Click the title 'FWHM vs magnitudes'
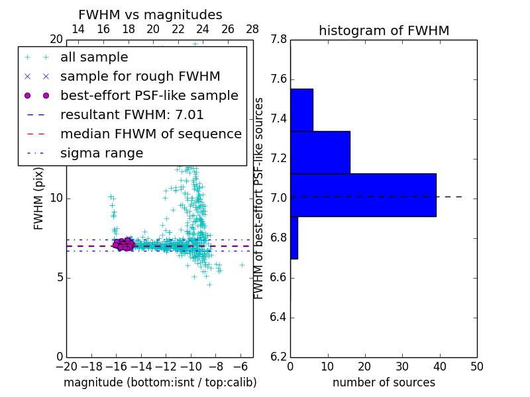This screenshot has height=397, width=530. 150,15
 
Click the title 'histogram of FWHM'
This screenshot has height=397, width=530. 384,31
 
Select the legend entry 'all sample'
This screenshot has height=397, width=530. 94,58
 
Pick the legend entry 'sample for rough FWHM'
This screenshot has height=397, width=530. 140,77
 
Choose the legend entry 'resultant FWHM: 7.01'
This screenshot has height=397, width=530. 132,115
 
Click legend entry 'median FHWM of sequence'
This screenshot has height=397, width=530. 150,134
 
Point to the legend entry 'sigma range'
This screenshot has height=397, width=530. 101,154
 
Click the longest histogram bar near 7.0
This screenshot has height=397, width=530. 363,195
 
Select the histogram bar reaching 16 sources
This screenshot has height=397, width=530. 320,152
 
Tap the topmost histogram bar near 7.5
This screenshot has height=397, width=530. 301,110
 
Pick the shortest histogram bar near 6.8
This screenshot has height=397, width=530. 294,238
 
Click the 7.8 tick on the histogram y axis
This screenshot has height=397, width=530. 278,40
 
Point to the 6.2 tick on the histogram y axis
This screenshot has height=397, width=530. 278,357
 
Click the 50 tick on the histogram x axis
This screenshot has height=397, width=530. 476,367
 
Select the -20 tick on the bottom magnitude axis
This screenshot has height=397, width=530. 66,367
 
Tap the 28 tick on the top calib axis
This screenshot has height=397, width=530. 252,29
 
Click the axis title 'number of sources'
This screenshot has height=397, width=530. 384,382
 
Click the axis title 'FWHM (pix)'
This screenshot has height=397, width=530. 39,198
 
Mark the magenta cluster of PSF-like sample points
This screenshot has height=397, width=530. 123,244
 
